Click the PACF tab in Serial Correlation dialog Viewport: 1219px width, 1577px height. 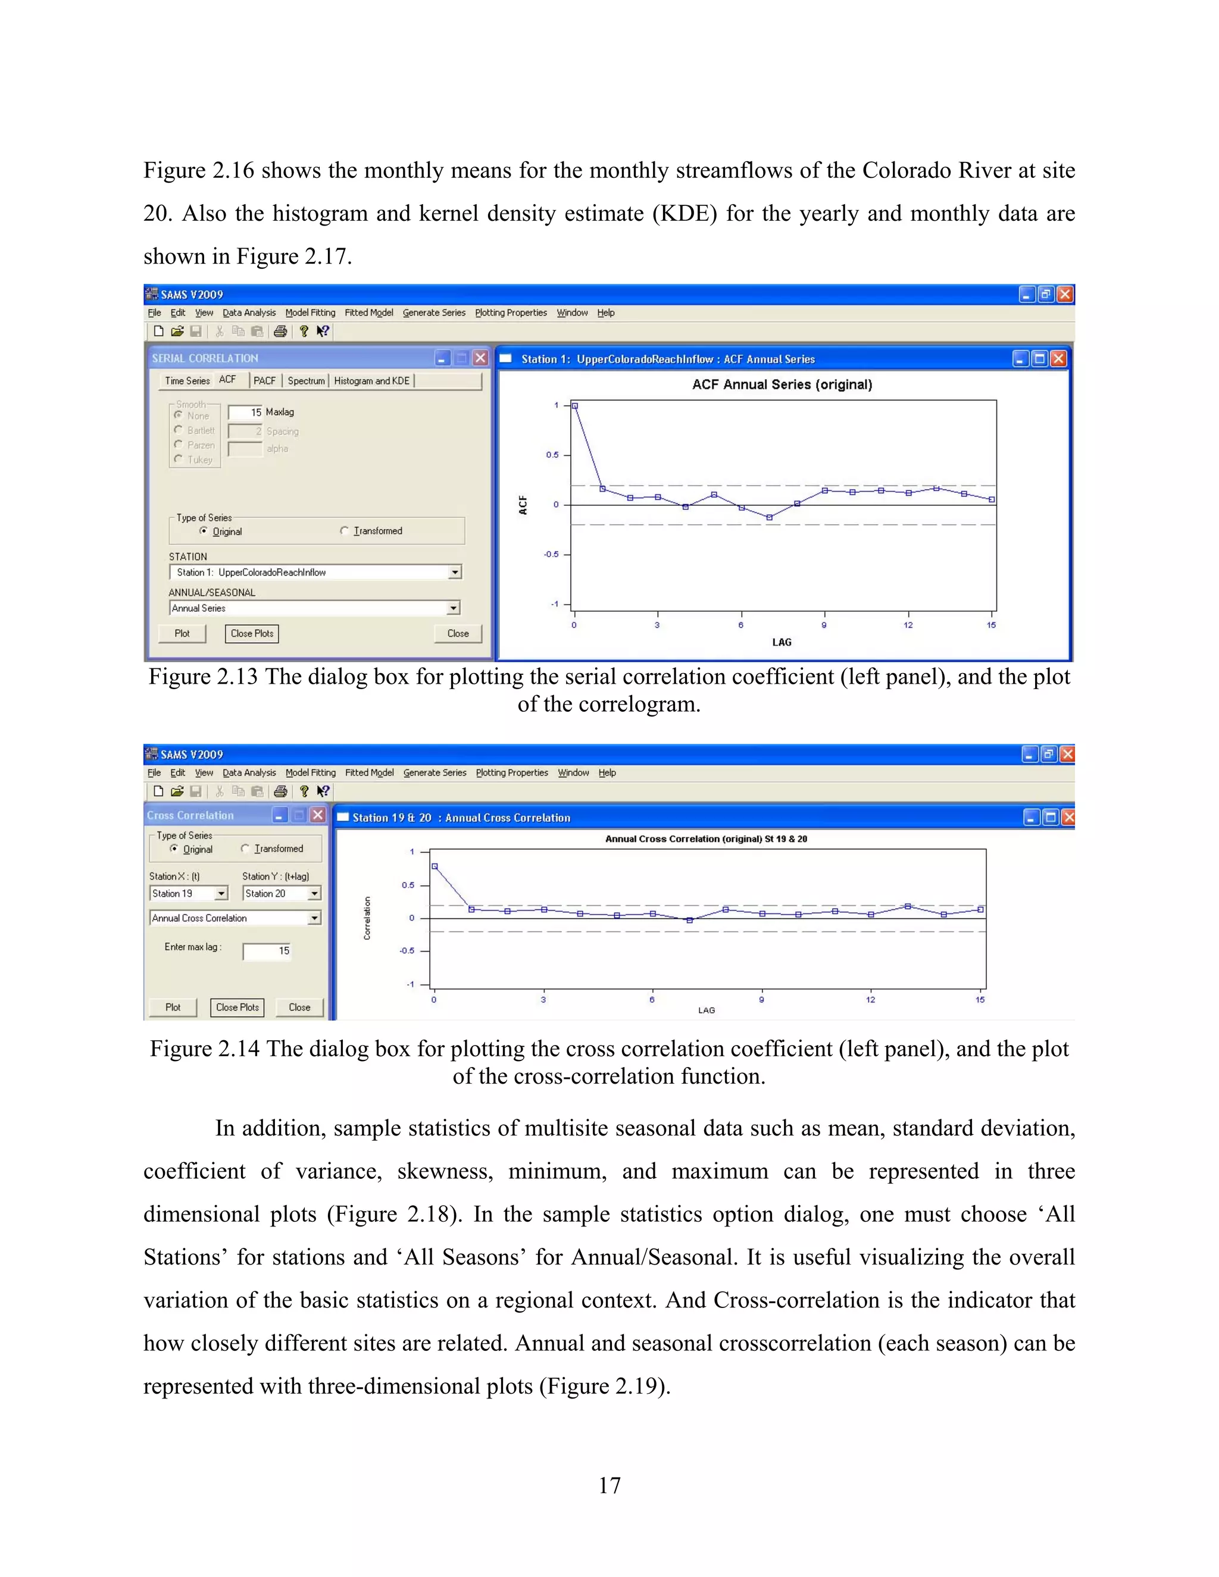tap(264, 380)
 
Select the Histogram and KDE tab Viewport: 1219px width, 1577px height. tap(371, 380)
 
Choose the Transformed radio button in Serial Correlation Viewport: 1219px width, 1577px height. tap(345, 531)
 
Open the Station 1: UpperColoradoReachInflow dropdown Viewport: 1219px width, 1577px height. tap(454, 572)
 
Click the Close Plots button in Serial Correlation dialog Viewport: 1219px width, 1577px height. tap(252, 633)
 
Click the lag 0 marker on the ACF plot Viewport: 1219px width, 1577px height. tap(575, 406)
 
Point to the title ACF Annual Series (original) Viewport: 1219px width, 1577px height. tap(782, 384)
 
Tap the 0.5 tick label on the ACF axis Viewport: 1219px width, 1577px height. tap(552, 455)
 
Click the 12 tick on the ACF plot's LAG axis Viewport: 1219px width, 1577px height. tap(908, 625)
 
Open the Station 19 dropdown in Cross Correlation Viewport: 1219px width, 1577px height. tap(221, 894)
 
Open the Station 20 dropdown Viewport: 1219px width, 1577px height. tap(314, 894)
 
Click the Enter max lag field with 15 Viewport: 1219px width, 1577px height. tap(267, 951)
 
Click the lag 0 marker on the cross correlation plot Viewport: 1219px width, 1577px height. tap(434, 866)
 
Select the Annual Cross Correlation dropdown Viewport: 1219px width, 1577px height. tap(314, 918)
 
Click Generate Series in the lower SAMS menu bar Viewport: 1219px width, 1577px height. tap(435, 772)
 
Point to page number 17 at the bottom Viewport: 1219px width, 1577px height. tap(609, 1485)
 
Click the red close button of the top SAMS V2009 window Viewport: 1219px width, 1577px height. tap(1064, 294)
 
